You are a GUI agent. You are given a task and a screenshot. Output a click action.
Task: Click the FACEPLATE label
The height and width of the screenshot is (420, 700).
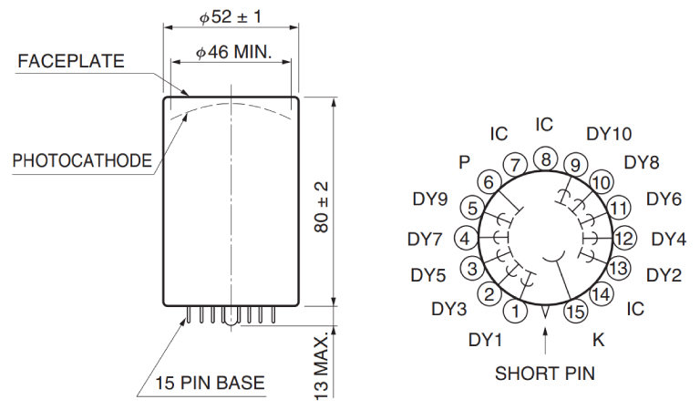[x=70, y=62]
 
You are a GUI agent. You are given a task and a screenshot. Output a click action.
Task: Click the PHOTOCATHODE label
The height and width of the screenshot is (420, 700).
[x=82, y=160]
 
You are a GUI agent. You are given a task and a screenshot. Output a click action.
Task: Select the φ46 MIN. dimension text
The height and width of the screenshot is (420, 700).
[x=234, y=53]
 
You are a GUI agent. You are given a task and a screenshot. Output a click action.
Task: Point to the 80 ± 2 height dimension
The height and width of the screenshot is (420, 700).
[x=322, y=205]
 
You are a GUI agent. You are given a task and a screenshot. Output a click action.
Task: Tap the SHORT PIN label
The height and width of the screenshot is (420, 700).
[x=544, y=373]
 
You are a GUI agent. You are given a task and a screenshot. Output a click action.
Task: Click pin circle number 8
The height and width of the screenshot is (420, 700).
[x=545, y=159]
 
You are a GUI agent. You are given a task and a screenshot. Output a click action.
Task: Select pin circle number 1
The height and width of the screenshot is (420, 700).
[x=517, y=312]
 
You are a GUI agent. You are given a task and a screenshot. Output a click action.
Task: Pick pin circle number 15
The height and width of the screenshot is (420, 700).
[x=574, y=312]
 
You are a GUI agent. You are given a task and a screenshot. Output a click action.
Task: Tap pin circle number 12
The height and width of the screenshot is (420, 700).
[x=623, y=239]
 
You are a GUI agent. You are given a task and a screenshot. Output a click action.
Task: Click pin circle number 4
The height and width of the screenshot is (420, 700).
[x=466, y=239]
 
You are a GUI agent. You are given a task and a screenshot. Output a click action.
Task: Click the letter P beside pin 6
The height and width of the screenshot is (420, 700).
[x=465, y=161]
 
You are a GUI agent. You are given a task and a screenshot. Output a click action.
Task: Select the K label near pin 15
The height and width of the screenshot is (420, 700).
[x=598, y=340]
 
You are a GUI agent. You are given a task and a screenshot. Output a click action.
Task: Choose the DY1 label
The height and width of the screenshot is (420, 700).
[x=486, y=340]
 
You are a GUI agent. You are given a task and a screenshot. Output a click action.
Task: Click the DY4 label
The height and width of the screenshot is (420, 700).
[x=668, y=240]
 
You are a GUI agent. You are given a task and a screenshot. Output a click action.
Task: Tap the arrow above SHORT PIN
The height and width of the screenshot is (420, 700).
[x=544, y=341]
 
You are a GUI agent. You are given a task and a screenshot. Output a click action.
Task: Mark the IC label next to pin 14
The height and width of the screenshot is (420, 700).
[x=635, y=309]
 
